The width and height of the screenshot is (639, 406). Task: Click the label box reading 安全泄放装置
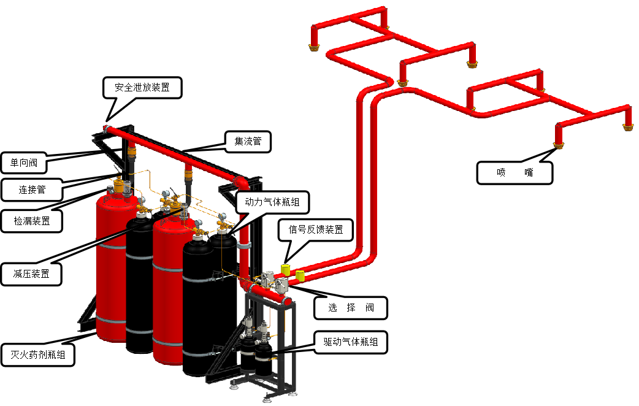coord(142,87)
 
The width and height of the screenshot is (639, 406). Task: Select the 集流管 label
coord(248,142)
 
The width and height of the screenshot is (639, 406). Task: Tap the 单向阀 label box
coord(23,163)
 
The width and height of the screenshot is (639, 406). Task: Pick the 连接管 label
coord(32,190)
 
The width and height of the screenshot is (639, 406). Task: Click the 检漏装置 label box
coord(32,220)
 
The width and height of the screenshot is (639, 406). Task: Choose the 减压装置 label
coord(32,274)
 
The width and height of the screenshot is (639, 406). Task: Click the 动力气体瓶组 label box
coord(273,202)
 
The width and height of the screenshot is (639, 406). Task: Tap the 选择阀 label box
coord(351,308)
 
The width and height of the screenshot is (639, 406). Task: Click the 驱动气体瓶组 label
coord(351,343)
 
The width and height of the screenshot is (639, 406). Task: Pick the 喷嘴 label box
coord(514,173)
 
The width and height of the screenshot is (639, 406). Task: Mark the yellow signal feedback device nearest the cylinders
coord(286,270)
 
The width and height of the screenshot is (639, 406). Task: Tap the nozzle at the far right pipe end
coord(628,126)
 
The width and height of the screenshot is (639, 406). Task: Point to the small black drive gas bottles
coord(256,356)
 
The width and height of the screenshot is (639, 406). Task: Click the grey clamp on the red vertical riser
coord(243,245)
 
